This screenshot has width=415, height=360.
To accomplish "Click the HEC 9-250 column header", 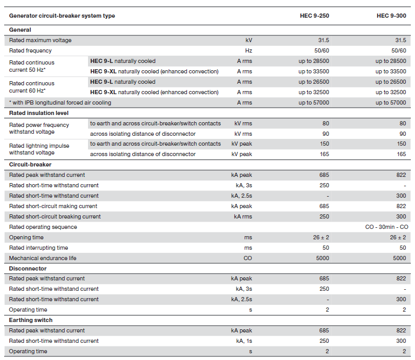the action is [x=315, y=16].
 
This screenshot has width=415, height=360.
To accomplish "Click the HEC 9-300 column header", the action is [x=391, y=16].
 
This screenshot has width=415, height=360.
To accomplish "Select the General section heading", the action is [x=20, y=30].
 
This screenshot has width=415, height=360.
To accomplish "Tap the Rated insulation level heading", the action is [x=39, y=113].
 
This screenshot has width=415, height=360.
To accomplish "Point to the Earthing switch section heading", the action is [x=31, y=320].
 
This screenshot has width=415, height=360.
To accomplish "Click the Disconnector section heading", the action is [x=28, y=268].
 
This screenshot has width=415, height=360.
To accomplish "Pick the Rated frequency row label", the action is [x=30, y=50].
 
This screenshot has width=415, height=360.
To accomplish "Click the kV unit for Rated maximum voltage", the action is [x=248, y=40].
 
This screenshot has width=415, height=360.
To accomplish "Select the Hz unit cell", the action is [x=248, y=50].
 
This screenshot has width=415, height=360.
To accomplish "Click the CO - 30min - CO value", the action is [x=387, y=227].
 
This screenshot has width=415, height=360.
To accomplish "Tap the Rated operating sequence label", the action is [x=43, y=227].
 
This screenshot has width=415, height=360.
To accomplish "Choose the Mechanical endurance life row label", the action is [x=43, y=258].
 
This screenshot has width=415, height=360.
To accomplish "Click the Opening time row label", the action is [x=26, y=237].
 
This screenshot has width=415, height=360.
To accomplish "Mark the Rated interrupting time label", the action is [x=39, y=248].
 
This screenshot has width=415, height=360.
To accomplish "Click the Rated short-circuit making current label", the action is [x=53, y=206].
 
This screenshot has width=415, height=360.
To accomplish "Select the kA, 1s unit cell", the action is [x=244, y=341].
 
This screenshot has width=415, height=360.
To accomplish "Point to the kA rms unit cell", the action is [x=243, y=216].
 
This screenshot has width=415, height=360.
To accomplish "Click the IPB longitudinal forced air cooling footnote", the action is [x=60, y=102].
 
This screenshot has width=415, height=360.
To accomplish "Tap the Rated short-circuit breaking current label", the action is [x=55, y=216].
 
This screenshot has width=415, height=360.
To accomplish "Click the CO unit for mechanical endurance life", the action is [x=248, y=258].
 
